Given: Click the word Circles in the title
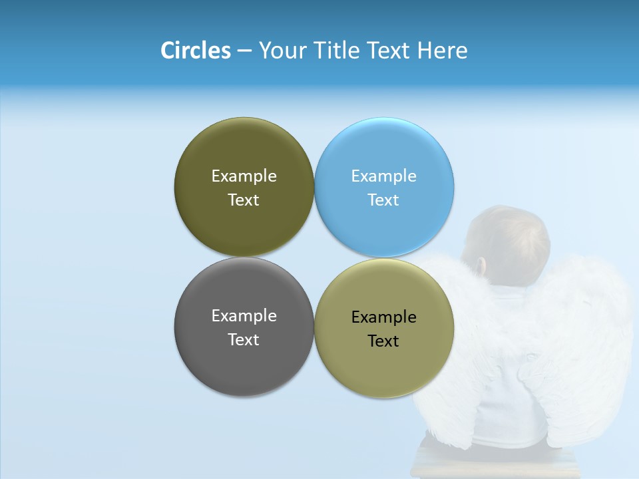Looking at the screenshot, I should click(195, 51).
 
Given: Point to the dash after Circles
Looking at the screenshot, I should click(244, 51).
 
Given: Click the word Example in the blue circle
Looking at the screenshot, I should click(384, 176).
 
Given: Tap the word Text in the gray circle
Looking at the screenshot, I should click(244, 339).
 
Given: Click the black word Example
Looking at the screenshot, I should click(384, 317).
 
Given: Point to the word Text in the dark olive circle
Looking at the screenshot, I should click(244, 200).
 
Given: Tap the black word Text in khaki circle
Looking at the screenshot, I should click(384, 341).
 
